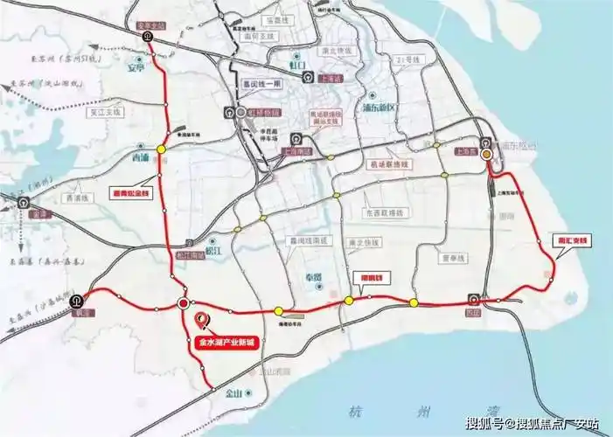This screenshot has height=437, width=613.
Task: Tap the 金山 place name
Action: pyautogui.click(x=233, y=393)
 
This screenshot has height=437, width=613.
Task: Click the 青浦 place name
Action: pyautogui.click(x=140, y=159)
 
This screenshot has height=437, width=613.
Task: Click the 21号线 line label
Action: pyautogui.click(x=408, y=60)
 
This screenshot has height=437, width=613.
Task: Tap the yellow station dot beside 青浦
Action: pyautogui.click(x=161, y=150)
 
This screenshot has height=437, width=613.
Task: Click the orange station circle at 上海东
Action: pyautogui.click(x=487, y=154)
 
